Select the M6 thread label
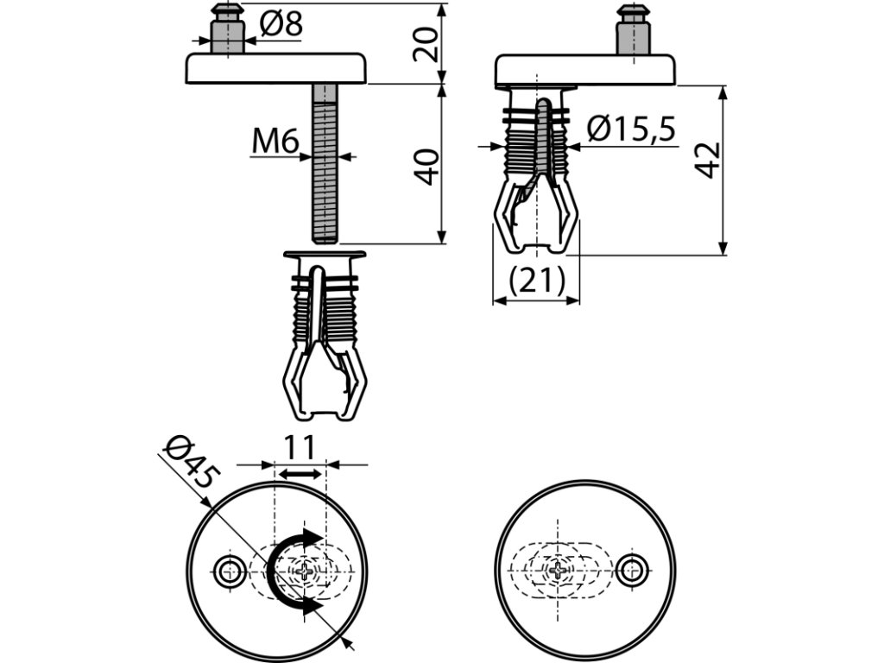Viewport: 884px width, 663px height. (x=275, y=142)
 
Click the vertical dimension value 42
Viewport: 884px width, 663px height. (x=710, y=161)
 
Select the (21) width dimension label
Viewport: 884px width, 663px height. (x=536, y=281)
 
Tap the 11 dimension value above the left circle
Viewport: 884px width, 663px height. (x=300, y=448)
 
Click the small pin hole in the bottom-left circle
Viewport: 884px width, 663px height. (x=229, y=571)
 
